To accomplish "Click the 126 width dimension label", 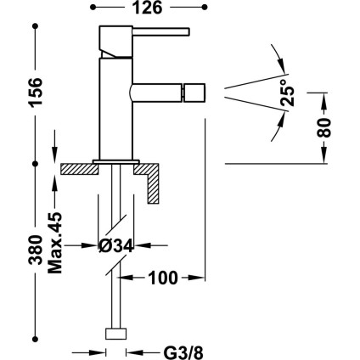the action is click(x=148, y=8).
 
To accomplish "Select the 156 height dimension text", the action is click(x=36, y=92).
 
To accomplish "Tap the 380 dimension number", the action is click(x=36, y=250).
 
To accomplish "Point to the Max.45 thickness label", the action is click(x=55, y=243).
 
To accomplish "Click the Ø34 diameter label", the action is click(x=115, y=245).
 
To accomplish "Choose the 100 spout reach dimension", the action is click(x=163, y=278).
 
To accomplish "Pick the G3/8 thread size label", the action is click(x=183, y=352).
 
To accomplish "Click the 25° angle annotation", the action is click(x=287, y=93).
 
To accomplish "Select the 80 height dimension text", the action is click(x=324, y=127).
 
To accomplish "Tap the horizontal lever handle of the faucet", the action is click(x=160, y=31).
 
